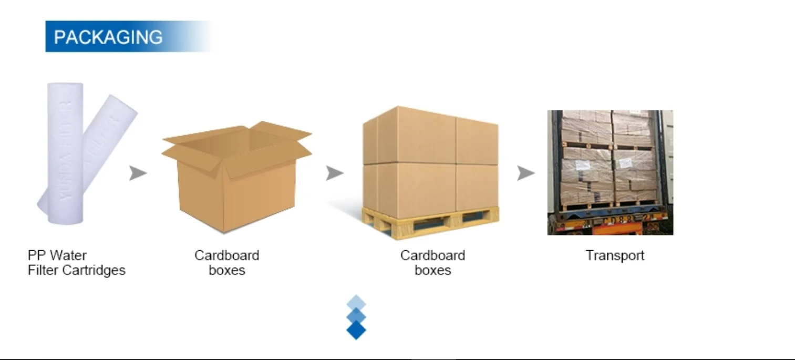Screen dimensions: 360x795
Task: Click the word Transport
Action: coord(615,256)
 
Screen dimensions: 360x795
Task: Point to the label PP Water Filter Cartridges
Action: coord(77,263)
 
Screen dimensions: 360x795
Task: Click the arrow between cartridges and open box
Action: coord(138,173)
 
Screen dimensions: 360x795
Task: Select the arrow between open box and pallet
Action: coord(334,173)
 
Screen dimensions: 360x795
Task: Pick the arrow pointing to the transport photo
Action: coord(525,173)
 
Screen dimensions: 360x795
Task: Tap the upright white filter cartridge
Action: coord(65,152)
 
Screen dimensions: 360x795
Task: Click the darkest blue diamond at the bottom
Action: coord(356,330)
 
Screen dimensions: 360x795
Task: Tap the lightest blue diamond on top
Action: coord(356,302)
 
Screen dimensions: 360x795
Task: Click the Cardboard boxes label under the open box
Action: coord(227,263)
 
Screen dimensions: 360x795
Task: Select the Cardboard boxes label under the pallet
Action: coord(433,263)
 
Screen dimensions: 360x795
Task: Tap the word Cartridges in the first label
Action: coord(97,271)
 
